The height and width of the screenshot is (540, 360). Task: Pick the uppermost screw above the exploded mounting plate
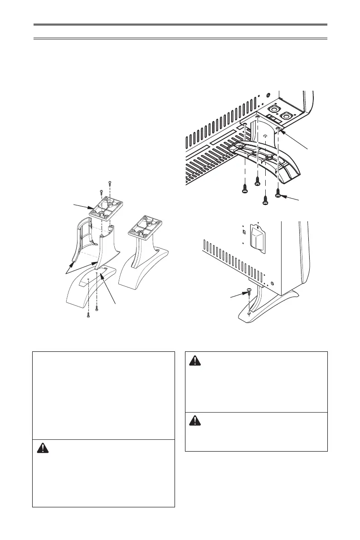[x=110, y=184]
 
